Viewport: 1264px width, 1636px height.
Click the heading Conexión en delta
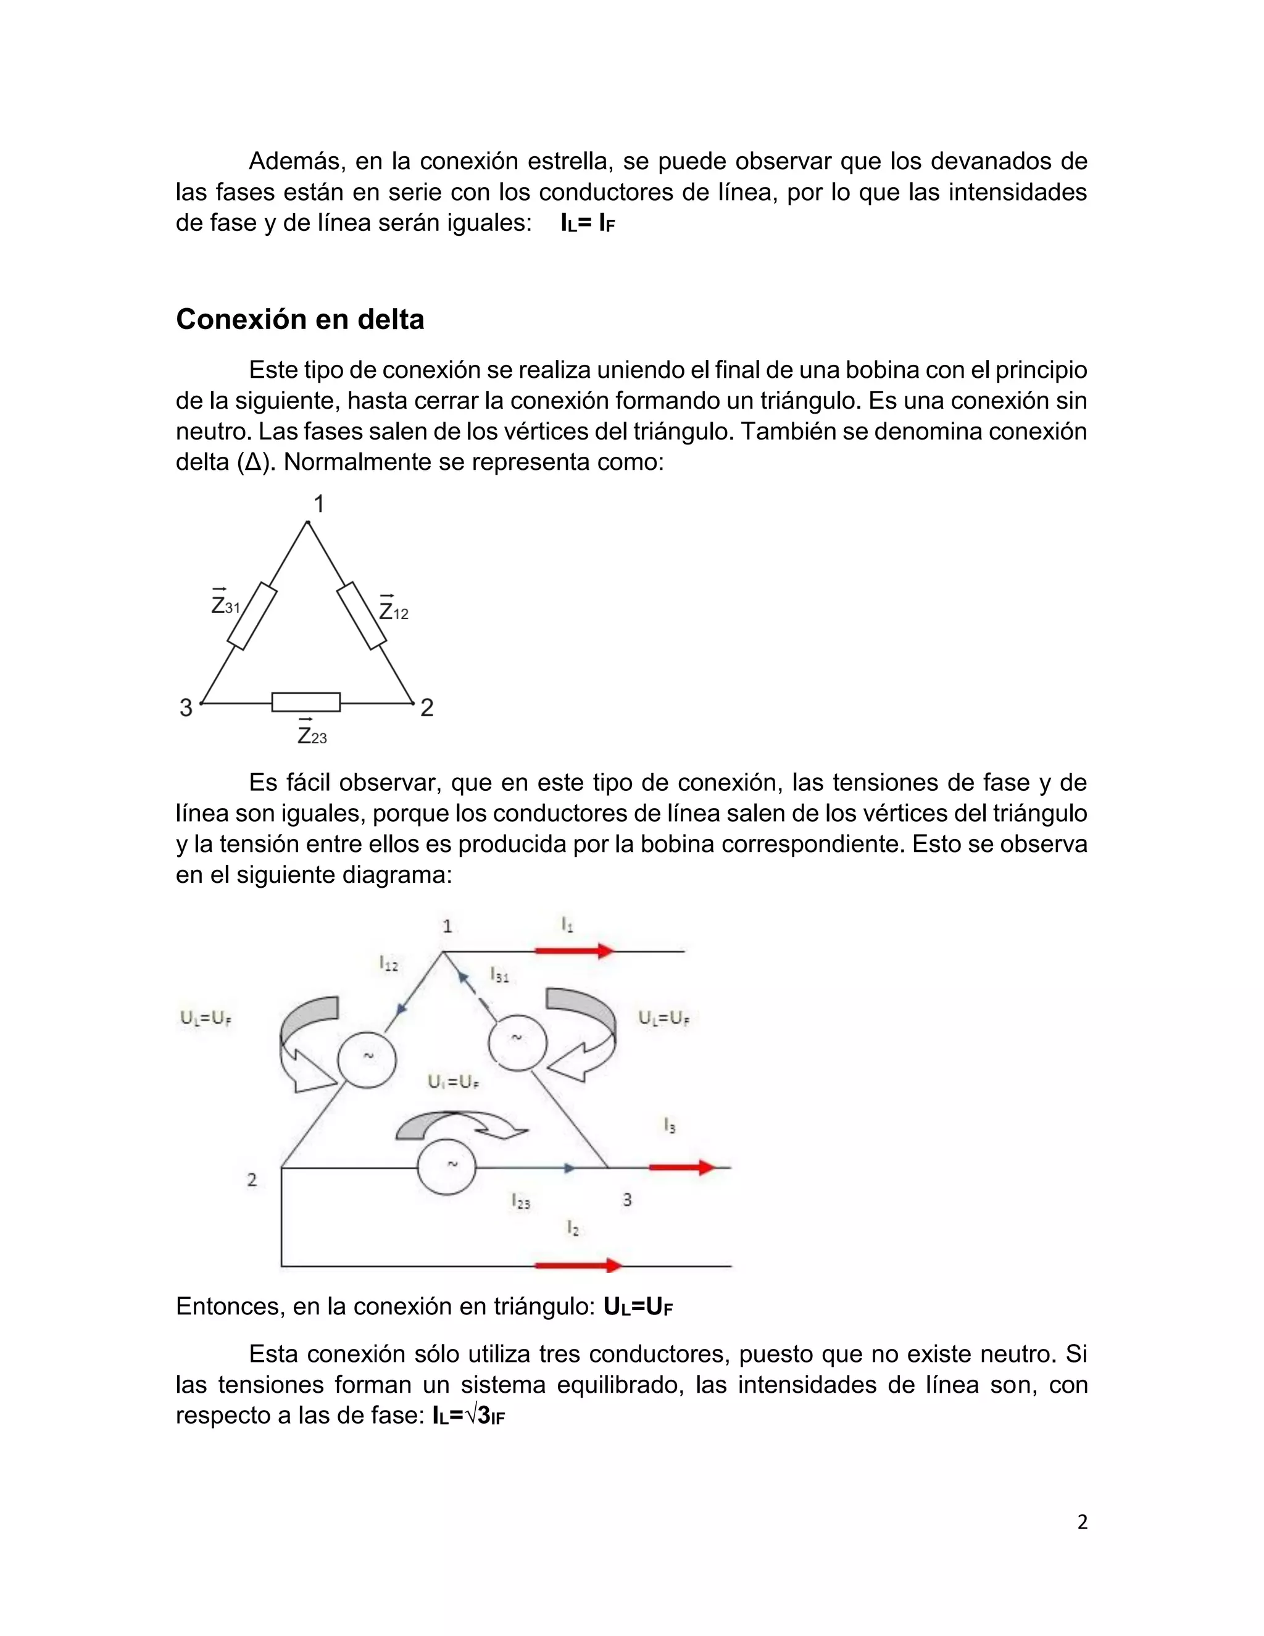coord(299,320)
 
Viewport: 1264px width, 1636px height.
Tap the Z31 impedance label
coord(225,604)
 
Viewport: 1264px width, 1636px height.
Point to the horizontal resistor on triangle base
coord(306,702)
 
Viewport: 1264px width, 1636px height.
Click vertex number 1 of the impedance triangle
coord(318,504)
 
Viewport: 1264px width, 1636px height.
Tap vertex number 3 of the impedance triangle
coord(186,707)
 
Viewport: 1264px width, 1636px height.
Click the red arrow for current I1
coord(575,951)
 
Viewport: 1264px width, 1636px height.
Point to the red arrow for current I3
coord(682,1167)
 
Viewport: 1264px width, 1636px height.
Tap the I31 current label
coord(499,975)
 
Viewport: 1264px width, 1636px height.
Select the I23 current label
coord(521,1201)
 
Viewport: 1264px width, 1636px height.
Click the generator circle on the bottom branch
coord(446,1166)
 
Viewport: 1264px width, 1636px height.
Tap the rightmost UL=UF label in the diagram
coord(663,1018)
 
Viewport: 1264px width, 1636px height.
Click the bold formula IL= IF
coord(588,223)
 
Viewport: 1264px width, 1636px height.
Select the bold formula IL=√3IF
coord(469,1415)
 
